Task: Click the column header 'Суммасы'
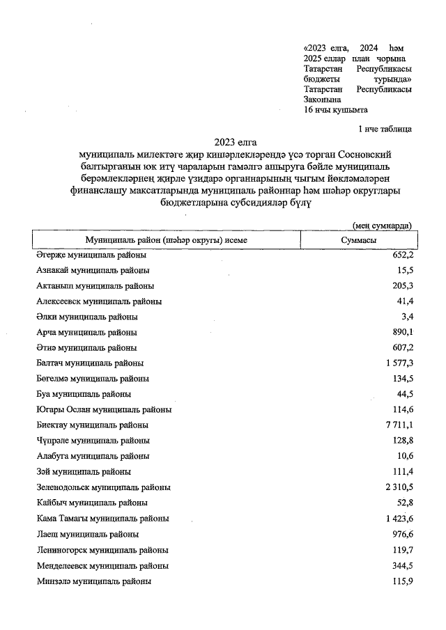coord(358,240)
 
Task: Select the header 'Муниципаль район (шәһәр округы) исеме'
coord(166,240)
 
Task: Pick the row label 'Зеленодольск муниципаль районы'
coord(103,487)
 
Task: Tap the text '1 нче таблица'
coord(384,129)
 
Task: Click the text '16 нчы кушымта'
coord(336,110)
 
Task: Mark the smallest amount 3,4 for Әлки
coord(406,317)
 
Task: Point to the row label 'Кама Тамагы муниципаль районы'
coord(102,519)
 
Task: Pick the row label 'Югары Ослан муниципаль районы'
coord(104,409)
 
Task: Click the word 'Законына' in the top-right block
coord(324,100)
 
